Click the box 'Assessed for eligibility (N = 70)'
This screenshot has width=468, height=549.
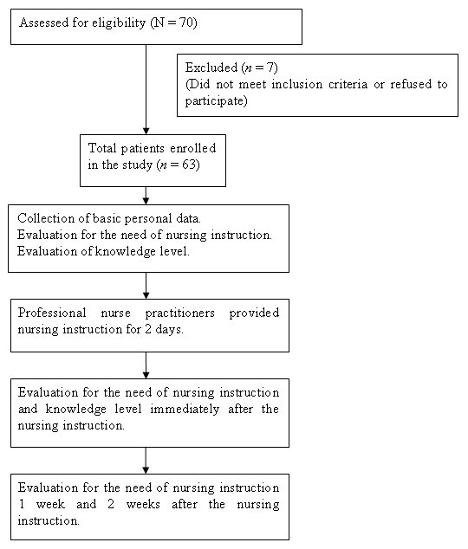pos(156,26)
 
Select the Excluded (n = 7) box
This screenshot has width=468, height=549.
pos(317,86)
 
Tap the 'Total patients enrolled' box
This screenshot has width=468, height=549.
pos(153,159)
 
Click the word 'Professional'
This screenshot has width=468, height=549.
pos(51,313)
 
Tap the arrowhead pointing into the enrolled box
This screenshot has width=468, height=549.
pos(146,128)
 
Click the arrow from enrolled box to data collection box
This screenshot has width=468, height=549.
pos(146,195)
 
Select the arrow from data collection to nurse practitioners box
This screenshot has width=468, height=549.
pos(146,285)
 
